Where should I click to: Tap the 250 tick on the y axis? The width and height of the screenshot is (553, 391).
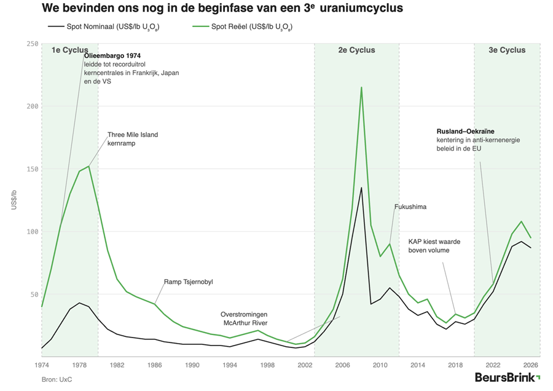pos(32,44)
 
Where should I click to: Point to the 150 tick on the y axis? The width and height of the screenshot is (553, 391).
pos(32,169)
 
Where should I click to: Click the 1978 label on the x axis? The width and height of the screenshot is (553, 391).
pos(79,365)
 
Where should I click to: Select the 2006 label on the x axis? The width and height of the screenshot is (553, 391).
pos(343,365)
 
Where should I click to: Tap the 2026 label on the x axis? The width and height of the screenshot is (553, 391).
pos(531,365)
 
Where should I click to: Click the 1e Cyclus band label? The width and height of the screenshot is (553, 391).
pos(69,50)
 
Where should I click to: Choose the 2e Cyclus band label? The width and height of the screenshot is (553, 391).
pos(356,50)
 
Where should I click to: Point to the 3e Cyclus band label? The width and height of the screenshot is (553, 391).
pos(507,50)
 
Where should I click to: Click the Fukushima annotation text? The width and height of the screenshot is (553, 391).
pos(410,207)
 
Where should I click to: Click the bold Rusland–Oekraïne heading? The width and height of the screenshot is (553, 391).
pos(465,132)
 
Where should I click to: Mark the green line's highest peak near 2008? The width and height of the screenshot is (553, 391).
pos(361,87)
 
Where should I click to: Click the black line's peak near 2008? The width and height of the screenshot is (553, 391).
pos(361,188)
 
